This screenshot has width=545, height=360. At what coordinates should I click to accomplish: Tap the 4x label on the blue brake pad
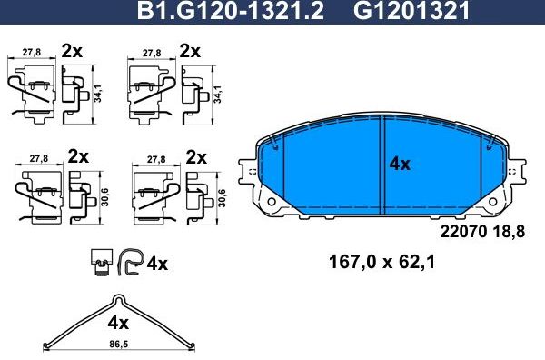(400, 165)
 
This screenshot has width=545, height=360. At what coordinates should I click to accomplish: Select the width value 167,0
(351, 265)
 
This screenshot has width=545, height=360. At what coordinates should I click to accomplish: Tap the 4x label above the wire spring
(118, 323)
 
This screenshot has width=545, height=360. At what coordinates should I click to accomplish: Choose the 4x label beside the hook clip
(157, 265)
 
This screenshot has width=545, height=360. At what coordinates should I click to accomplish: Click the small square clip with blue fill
(101, 264)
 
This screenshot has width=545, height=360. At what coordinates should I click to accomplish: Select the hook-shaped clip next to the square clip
(129, 263)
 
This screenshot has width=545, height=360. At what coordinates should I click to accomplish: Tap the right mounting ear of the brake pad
(517, 171)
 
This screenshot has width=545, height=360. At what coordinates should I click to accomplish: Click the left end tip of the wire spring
(45, 343)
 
